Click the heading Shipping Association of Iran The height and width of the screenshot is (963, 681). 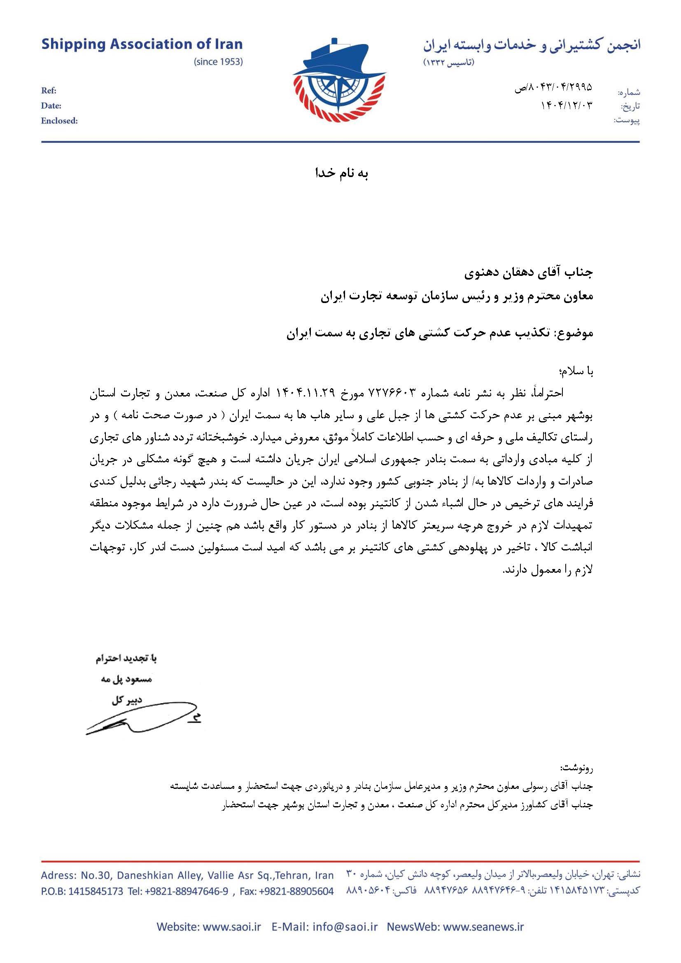pos(142,44)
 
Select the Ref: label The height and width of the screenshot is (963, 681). pos(49,91)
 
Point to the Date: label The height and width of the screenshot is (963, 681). pos(51,106)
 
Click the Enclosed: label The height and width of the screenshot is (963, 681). pos(59,121)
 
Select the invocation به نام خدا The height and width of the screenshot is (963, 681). pos(341,174)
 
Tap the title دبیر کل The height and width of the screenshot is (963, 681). pos(127,700)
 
